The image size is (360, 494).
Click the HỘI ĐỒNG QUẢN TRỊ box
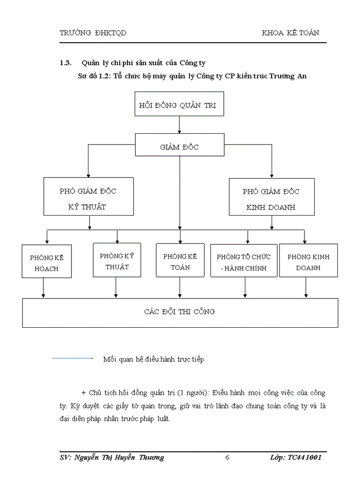[x=178, y=105]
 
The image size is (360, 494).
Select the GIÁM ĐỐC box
[x=179, y=147]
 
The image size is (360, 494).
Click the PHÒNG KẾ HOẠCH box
[x=46, y=262]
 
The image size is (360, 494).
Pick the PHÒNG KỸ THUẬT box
[x=117, y=261]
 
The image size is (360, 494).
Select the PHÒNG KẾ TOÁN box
[x=179, y=261]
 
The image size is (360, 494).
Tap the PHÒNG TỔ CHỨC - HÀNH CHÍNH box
[x=243, y=262]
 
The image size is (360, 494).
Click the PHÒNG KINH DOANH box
[x=308, y=262]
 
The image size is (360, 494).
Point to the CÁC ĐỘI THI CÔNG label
[x=179, y=312]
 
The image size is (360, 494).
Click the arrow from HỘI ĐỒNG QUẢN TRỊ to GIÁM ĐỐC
[x=179, y=126]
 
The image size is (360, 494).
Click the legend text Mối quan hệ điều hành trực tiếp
[x=153, y=359]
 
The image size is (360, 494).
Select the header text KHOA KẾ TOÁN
[x=290, y=33]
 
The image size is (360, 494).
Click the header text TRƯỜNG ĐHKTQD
[x=93, y=33]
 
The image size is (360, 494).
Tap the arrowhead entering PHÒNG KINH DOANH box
[x=305, y=241]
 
